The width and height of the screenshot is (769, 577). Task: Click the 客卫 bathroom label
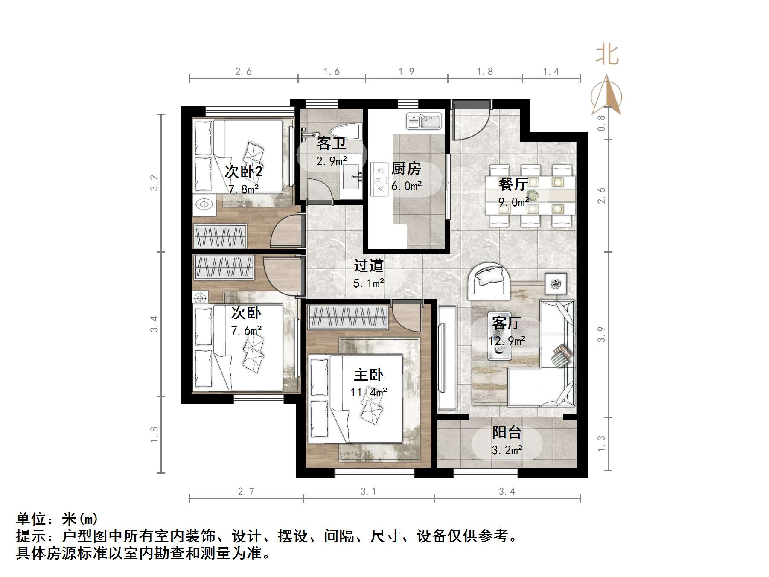(331, 143)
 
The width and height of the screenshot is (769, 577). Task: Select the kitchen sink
(423, 121)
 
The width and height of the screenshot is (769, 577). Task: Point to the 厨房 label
(406, 169)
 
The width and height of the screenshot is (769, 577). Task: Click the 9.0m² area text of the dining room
(513, 201)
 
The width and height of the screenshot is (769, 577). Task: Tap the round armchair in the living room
(489, 281)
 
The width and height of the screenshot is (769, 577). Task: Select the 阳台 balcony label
(507, 432)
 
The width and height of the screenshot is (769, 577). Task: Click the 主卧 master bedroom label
(369, 375)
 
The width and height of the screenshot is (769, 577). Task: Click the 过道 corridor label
(368, 265)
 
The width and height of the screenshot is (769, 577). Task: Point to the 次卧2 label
(243, 172)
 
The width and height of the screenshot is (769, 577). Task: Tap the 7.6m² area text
(246, 330)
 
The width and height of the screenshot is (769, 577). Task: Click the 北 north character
(607, 55)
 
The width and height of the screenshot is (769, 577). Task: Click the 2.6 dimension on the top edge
(243, 72)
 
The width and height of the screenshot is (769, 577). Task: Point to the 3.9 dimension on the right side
(601, 334)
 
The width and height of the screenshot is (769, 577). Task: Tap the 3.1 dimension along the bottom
(368, 492)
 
